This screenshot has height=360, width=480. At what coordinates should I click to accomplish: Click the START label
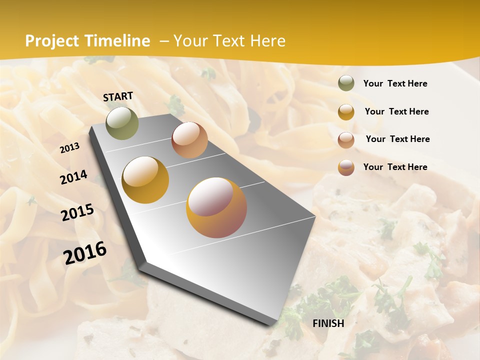(118, 96)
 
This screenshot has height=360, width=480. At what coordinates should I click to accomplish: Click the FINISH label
(328, 323)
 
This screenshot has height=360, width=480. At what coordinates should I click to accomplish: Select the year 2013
(69, 148)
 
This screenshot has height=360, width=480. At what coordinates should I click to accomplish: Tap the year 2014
(73, 177)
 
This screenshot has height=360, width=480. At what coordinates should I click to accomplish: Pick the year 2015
(77, 212)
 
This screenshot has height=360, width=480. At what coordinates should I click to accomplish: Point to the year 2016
(85, 253)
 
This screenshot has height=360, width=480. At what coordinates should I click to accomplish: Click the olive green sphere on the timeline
(122, 123)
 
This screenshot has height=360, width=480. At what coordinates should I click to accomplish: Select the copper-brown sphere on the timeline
(189, 140)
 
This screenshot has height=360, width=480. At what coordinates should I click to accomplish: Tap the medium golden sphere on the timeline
(145, 180)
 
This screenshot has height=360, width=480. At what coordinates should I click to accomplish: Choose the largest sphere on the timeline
(216, 207)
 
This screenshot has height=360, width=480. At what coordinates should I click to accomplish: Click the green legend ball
(346, 83)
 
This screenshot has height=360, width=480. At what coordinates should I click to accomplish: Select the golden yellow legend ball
(346, 112)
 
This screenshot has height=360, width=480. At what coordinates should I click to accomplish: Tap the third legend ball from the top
(346, 140)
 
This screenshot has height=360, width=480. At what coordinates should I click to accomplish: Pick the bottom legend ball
(346, 167)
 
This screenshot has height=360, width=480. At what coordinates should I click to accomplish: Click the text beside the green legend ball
(395, 84)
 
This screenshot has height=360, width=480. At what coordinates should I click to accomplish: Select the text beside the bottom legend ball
(395, 167)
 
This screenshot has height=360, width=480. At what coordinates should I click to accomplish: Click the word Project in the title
(52, 41)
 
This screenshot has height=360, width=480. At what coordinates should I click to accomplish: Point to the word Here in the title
(267, 41)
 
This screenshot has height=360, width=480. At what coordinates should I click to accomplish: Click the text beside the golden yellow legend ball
(396, 111)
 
